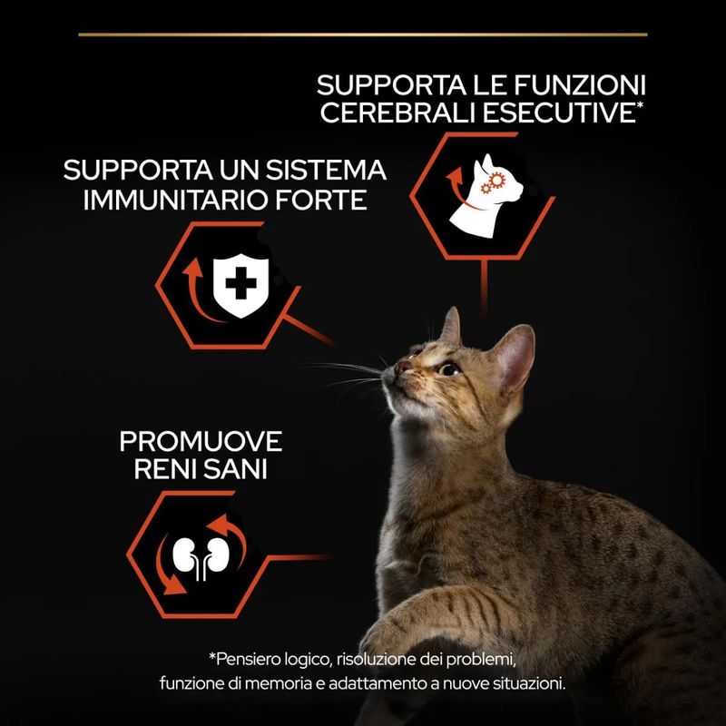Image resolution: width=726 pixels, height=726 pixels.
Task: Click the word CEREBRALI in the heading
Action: tap(398, 113)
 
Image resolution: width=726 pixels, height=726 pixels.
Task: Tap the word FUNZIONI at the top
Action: tap(580, 85)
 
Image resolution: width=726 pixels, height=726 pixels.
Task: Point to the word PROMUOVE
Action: tap(201, 441)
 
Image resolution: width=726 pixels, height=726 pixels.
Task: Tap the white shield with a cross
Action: tap(240, 285)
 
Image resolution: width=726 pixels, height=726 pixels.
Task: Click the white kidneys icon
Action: tap(201, 558)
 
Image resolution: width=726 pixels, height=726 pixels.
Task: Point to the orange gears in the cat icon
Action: tap(492, 182)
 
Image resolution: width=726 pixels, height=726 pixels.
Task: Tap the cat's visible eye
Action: tap(448, 369)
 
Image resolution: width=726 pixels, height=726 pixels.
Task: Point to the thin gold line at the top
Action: tap(363, 34)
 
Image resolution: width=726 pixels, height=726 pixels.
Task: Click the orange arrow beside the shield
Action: tap(195, 290)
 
